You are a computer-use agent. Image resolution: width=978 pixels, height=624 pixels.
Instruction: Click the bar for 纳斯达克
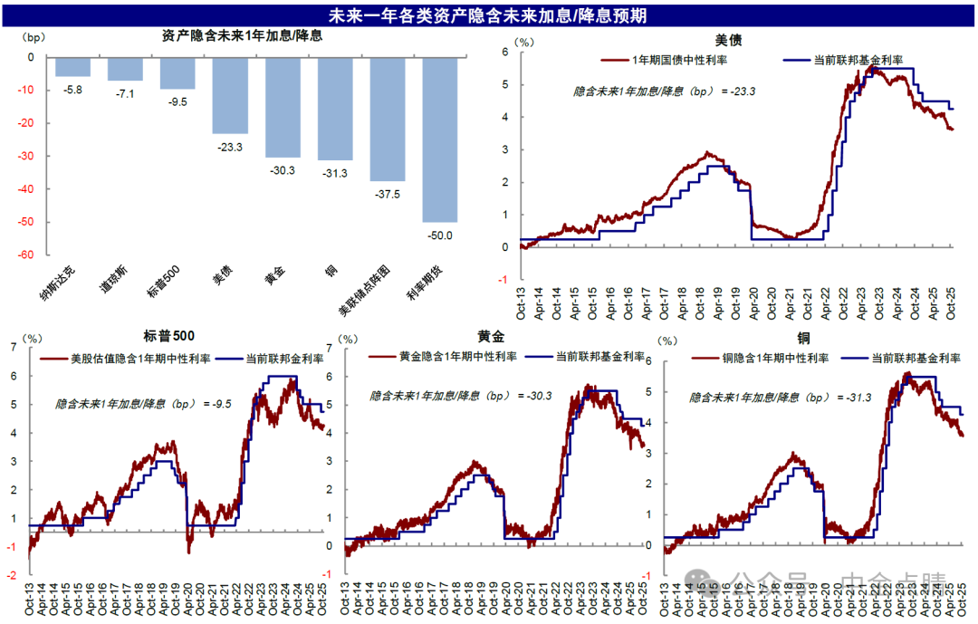72,67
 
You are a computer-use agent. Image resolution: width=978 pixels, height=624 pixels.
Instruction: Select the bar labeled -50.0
440,139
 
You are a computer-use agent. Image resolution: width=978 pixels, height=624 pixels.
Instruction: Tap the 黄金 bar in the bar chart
283,107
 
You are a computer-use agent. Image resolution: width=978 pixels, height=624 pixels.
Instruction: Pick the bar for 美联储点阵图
388,119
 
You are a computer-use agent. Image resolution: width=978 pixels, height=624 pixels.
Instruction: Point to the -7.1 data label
125,93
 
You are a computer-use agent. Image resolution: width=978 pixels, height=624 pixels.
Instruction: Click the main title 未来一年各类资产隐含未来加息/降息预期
487,15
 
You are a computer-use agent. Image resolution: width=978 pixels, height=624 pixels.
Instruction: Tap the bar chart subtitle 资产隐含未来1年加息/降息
242,37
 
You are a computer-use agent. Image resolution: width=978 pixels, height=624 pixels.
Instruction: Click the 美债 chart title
728,40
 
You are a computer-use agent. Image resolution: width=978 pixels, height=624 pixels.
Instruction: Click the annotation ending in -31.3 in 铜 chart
774,398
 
